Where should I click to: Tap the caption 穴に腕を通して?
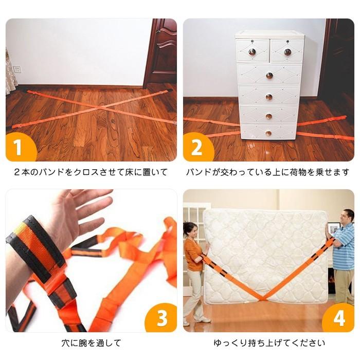[x=91, y=343]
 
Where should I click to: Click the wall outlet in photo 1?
[x=17, y=69]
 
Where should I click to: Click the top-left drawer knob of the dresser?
[x=253, y=51]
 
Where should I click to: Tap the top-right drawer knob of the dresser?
[x=287, y=51]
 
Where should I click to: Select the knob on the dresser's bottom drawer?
[x=268, y=133]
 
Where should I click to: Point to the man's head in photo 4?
[x=348, y=216]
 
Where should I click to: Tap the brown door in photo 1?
[x=161, y=51]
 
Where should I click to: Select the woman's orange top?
[x=194, y=255]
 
